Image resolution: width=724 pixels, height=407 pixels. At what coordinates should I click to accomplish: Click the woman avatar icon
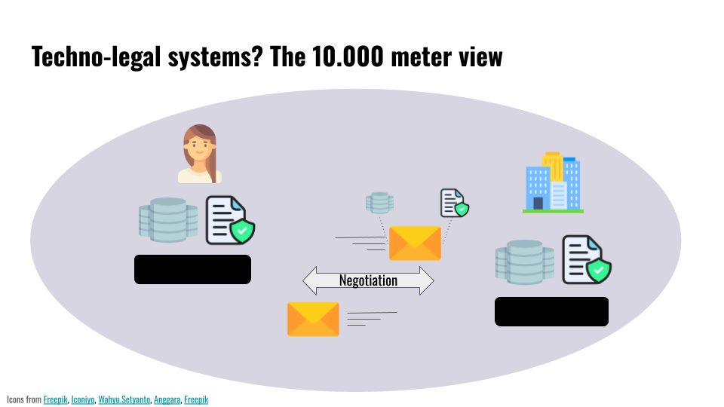[x=199, y=154]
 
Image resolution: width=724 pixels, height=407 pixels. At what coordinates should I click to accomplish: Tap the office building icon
[x=553, y=182]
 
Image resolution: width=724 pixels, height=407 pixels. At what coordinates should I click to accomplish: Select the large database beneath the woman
[x=168, y=220]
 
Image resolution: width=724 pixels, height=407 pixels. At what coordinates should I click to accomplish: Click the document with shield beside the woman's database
[x=230, y=220]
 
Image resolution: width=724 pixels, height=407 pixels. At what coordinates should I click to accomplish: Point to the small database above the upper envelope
[x=379, y=203]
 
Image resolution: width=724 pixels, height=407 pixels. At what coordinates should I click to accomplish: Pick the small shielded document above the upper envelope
[x=455, y=203]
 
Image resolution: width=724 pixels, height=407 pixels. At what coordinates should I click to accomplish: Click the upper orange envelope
[x=415, y=243]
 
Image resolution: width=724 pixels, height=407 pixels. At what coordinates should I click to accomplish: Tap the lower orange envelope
[x=313, y=320]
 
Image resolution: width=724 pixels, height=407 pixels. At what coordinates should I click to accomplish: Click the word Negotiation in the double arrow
[x=368, y=280]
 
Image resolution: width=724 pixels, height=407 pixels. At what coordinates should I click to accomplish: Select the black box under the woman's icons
[x=192, y=270]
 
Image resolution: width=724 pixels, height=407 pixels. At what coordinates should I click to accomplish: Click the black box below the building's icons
[x=551, y=311]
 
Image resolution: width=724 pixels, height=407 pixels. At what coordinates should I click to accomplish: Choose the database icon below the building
[x=525, y=262]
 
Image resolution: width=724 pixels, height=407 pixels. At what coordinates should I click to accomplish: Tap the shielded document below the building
[x=587, y=259]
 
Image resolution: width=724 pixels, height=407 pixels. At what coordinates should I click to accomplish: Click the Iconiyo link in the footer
[x=83, y=399]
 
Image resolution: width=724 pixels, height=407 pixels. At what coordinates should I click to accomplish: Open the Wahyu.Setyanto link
[x=124, y=399]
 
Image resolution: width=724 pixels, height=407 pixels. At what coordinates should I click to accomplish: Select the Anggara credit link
[x=167, y=399]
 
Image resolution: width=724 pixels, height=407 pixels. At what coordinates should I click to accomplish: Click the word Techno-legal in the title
[x=96, y=57]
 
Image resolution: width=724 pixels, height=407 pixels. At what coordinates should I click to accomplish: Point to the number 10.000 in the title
[x=348, y=57]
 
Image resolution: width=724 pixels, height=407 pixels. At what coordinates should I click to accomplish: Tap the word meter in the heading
[x=421, y=57]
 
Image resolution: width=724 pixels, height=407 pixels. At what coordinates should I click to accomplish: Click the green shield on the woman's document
[x=242, y=231]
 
